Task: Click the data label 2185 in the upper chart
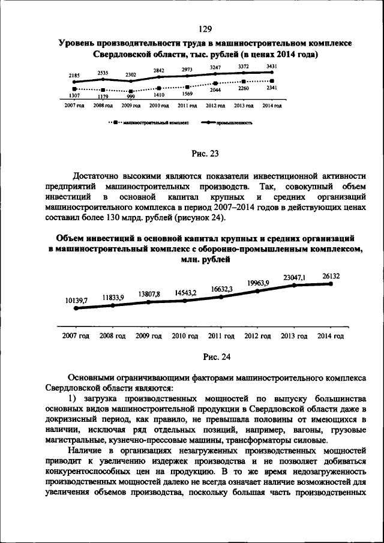74,75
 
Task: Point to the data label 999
131,97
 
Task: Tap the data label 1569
187,94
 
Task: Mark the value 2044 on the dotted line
215,90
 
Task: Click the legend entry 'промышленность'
237,121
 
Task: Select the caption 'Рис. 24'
217,357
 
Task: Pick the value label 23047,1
295,277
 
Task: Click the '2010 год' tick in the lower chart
185,336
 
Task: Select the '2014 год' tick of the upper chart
272,106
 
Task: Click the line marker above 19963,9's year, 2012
258,291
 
